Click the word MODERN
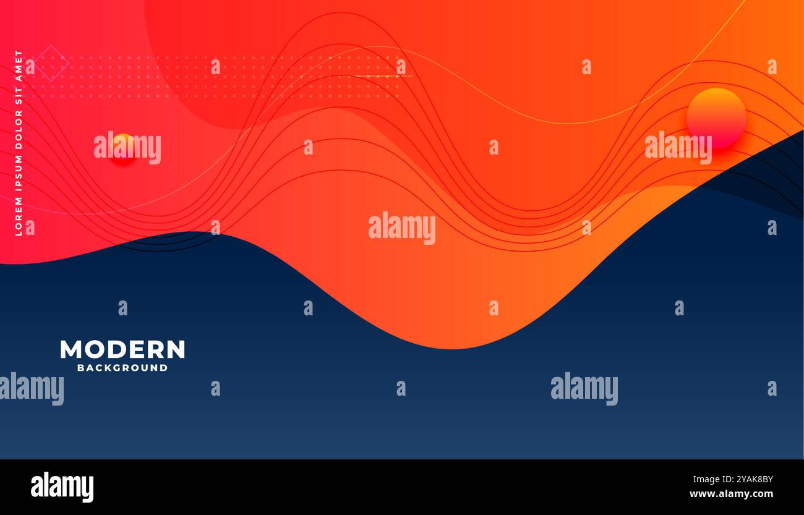click(122, 349)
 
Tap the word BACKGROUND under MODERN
click(122, 368)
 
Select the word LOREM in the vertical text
click(19, 216)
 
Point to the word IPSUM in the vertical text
click(19, 176)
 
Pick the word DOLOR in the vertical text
click(19, 133)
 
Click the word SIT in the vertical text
click(19, 98)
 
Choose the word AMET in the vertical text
click(19, 66)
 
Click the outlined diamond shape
click(51, 63)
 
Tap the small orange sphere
click(123, 147)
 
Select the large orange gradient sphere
click(716, 117)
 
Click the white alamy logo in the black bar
click(62, 487)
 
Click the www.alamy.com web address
click(731, 494)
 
